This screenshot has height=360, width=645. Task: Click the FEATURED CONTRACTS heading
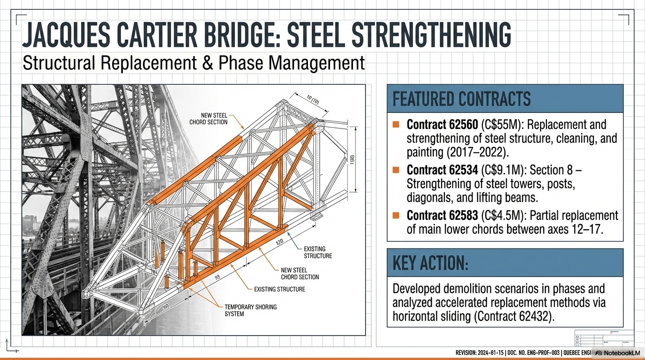tap(462, 99)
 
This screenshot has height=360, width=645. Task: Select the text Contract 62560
tap(436, 125)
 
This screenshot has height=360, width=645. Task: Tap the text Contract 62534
tap(436, 170)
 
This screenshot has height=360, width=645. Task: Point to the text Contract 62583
tap(436, 215)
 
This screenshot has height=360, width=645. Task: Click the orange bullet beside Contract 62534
tap(396, 170)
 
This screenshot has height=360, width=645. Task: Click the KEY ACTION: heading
tap(430, 263)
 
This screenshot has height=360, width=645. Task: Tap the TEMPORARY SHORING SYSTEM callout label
tap(251, 310)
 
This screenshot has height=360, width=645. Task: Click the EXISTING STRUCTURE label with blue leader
tap(318, 252)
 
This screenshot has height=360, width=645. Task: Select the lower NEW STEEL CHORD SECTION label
tap(300, 273)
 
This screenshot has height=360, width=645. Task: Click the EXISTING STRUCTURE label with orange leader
tap(279, 289)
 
